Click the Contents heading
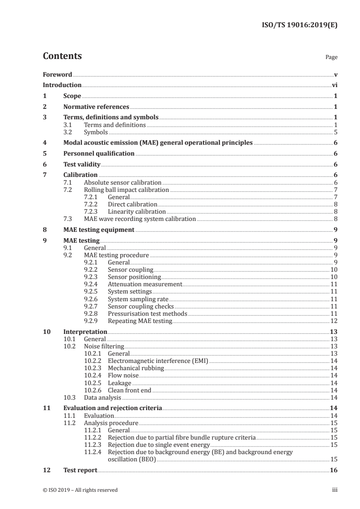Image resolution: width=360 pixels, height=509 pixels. click(62, 56)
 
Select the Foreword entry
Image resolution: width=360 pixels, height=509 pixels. click(57, 74)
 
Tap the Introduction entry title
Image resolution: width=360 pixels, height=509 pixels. click(62, 85)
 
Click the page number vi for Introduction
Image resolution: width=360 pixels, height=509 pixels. click(334, 85)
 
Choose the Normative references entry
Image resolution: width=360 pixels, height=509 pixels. click(96, 107)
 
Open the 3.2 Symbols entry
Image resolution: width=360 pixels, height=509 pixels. click(96, 132)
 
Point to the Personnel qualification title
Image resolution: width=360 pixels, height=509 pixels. click(99, 153)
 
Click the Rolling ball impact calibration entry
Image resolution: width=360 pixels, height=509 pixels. click(127, 190)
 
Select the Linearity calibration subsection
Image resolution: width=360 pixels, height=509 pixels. click(136, 211)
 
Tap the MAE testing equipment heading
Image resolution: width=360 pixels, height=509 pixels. click(99, 230)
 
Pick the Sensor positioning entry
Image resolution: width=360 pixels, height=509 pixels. click(134, 277)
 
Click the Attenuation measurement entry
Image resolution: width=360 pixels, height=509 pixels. click(144, 284)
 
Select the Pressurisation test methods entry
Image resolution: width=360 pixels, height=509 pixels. click(147, 313)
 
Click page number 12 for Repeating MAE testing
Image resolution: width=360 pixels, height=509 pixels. click(334, 321)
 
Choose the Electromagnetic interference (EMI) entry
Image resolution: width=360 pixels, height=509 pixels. click(158, 361)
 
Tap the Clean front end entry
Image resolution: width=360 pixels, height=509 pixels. click(129, 390)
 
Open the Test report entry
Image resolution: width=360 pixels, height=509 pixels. click(80, 470)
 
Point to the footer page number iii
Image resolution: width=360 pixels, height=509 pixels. click(335, 490)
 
